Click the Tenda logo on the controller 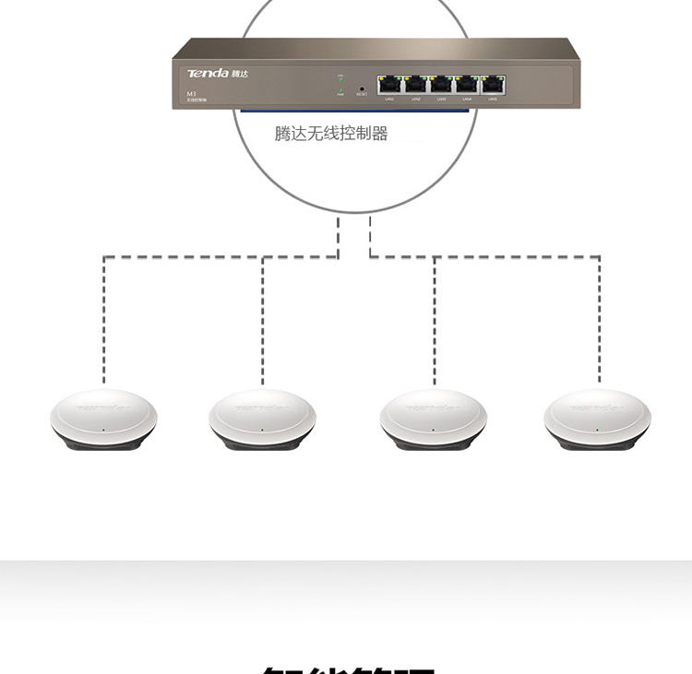(208, 73)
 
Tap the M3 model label (192, 92)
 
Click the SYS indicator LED (340, 79)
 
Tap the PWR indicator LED (340, 90)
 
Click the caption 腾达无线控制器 (331, 134)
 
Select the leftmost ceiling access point (103, 420)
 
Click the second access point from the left (263, 420)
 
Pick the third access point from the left (434, 420)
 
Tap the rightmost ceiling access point (598, 420)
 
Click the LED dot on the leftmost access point (103, 430)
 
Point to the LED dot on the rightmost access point (598, 430)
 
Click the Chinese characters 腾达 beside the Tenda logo (240, 73)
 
